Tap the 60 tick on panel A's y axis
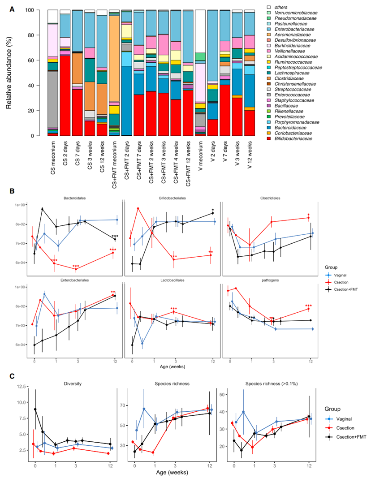click(39, 60)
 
